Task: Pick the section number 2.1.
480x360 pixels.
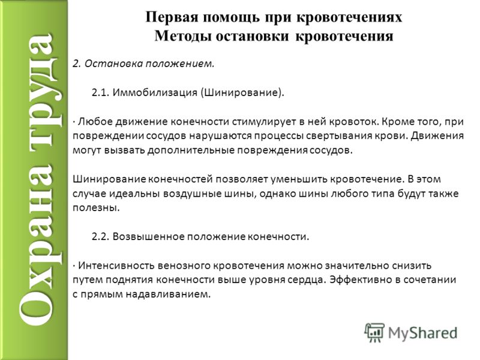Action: coord(101,92)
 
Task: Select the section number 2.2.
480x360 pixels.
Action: coord(101,236)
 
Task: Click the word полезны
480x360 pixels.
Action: coord(96,208)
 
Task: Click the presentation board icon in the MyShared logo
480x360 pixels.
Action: coord(374,332)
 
